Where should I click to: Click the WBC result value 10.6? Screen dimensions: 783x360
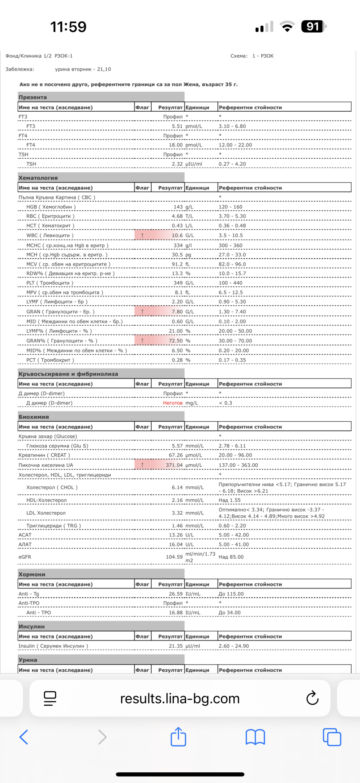coord(177,236)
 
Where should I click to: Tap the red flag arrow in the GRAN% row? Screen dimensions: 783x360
coord(142,341)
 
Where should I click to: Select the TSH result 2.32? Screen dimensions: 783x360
coord(177,164)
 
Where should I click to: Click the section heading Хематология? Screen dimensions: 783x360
coord(38,178)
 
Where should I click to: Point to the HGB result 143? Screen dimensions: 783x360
coord(178,207)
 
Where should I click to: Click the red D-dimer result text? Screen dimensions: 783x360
coord(173,403)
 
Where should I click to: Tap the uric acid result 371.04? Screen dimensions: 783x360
coord(174,465)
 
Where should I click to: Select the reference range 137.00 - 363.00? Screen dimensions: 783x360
coord(238,465)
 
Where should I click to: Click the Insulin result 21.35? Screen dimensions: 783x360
coord(176,646)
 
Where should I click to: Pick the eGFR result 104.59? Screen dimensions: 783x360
coord(174,557)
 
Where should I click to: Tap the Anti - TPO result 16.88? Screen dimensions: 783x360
coord(176,612)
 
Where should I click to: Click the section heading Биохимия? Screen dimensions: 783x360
coord(34,417)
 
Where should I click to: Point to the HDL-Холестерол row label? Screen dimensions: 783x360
coord(46,500)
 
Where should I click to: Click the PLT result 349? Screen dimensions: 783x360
coord(178,283)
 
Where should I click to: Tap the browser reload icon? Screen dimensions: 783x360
coord(312,698)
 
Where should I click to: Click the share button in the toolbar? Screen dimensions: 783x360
coord(178,737)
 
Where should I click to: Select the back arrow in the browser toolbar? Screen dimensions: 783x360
coord(24,737)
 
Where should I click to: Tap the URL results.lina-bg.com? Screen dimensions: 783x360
coord(180,699)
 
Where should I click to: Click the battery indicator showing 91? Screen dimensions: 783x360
coord(313,27)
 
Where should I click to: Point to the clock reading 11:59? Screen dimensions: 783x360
coord(68,27)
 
